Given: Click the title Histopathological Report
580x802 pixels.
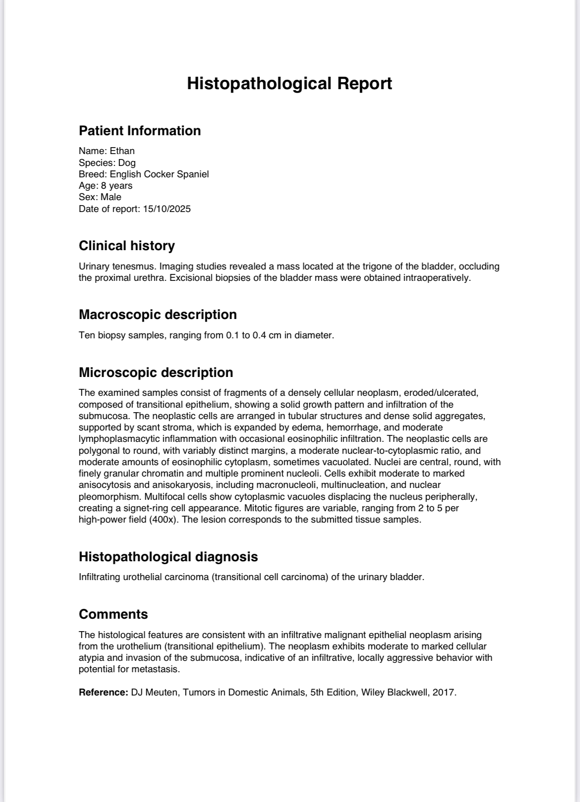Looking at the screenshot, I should [x=290, y=83].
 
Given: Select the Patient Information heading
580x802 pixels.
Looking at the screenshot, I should [x=140, y=131].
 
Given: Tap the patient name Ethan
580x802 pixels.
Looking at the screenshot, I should [x=122, y=151].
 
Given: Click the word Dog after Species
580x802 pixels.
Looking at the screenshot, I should [x=126, y=162].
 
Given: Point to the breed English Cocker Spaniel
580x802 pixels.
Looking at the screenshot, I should [x=159, y=174].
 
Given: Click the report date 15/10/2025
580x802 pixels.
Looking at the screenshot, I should [x=167, y=209].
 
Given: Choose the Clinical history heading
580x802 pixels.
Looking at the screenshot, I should [x=127, y=246].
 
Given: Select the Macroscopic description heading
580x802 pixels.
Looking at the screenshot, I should [x=158, y=315].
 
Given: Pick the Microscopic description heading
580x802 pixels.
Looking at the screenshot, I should [x=156, y=373].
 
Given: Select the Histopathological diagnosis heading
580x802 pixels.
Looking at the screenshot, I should [x=168, y=557].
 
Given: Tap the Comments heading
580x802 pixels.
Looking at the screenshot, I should [x=113, y=614].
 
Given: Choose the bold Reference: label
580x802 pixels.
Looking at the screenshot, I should [x=104, y=693].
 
